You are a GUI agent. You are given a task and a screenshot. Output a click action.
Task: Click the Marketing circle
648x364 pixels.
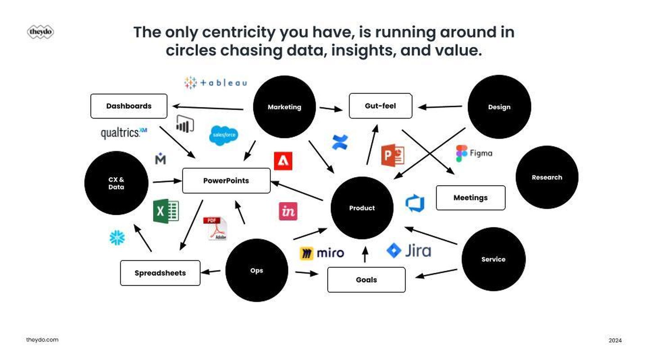[284, 107]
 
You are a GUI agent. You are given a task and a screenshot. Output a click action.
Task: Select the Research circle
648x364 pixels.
[547, 177]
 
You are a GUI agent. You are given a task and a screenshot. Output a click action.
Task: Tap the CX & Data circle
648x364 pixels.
[116, 183]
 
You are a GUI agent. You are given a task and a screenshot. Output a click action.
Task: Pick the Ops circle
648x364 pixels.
[256, 270]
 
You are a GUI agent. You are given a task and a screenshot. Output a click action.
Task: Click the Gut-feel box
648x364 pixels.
[380, 106]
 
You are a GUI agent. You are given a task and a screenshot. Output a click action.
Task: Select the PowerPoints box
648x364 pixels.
[226, 181]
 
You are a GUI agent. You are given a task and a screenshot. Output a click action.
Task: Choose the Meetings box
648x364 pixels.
[470, 198]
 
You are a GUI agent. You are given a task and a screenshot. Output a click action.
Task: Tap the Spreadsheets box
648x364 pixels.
[160, 273]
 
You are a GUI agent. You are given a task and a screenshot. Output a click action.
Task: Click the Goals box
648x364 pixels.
[366, 280]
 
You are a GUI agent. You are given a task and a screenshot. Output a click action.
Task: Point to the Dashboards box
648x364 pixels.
[129, 106]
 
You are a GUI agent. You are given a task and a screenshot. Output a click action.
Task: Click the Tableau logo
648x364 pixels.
[216, 83]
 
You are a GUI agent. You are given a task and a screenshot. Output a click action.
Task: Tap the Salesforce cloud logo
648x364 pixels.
[224, 135]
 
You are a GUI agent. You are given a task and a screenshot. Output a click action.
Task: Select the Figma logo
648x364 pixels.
[474, 153]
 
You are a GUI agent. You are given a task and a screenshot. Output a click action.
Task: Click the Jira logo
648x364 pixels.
[409, 250]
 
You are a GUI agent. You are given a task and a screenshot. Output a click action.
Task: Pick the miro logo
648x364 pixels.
[322, 253]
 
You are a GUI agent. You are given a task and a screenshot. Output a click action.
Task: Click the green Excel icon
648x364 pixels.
[166, 211]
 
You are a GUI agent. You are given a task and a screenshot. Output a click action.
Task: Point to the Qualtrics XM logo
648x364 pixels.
[124, 133]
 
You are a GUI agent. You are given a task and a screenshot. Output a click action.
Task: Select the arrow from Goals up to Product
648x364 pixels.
[365, 255]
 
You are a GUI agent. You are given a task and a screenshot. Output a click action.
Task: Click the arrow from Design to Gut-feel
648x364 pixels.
[440, 107]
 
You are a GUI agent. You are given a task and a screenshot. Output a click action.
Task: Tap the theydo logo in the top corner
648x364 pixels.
[40, 32]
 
